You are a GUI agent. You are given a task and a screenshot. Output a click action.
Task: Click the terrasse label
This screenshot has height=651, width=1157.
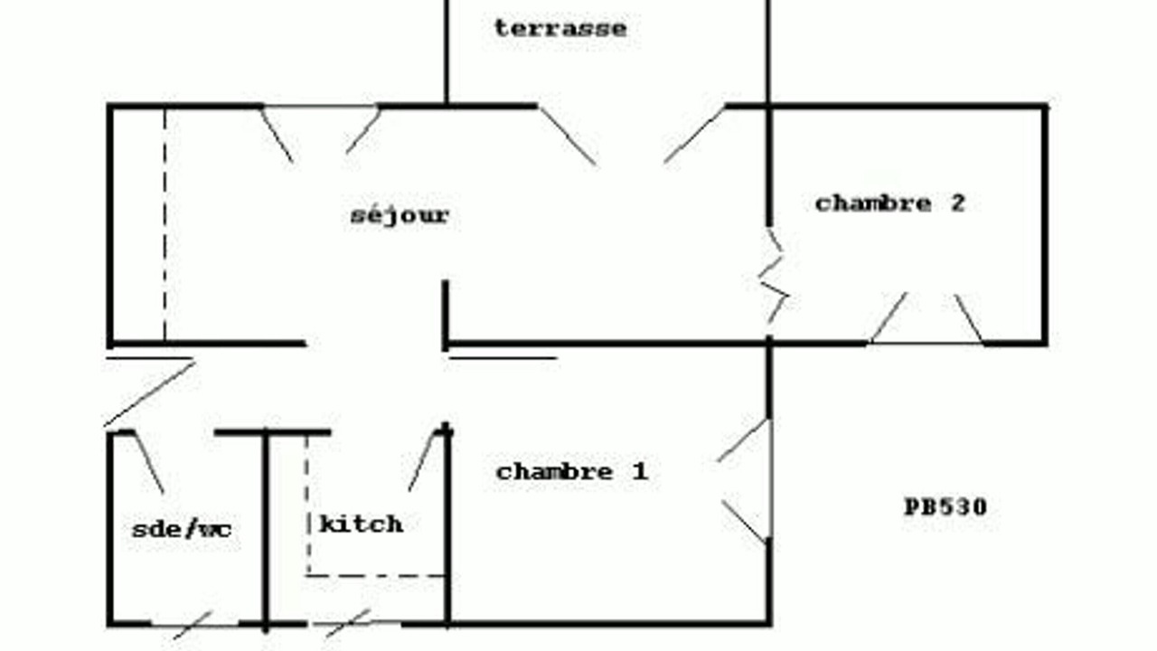(560, 28)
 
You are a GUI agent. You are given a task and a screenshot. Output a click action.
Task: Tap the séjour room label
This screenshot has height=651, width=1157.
(400, 215)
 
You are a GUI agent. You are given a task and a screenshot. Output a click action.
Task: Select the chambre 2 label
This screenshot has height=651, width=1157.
(890, 203)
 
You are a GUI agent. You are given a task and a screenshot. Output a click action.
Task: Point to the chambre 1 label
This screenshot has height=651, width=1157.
(572, 472)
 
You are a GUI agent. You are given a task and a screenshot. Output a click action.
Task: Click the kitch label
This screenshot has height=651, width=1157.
(362, 524)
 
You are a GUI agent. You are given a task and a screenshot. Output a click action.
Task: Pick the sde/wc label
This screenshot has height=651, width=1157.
(182, 529)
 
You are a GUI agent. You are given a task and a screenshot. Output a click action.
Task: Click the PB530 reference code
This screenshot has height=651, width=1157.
(945, 507)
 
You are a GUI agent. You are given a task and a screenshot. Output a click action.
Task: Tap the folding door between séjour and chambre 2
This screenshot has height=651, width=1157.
(773, 276)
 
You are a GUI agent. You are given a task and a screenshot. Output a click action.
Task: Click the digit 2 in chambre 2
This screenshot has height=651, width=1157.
(958, 203)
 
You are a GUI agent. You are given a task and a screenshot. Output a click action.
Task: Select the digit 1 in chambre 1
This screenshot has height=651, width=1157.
(641, 472)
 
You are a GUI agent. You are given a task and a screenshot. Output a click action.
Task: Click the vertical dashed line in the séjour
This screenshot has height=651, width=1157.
(165, 224)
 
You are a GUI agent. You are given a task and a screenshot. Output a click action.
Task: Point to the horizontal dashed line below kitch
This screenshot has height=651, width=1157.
(376, 575)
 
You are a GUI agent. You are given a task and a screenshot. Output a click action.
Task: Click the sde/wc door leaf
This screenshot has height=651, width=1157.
(149, 462)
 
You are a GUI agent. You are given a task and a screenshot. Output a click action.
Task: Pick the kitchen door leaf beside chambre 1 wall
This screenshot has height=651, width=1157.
(424, 460)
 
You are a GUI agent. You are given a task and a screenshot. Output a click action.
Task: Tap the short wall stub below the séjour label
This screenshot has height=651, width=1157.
(446, 316)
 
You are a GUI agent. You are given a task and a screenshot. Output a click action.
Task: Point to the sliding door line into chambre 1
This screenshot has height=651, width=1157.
(503, 357)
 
